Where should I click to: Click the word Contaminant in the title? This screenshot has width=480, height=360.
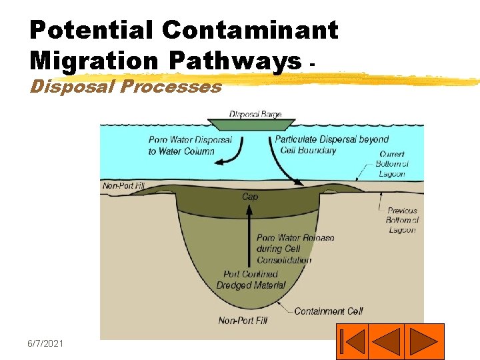tap(250, 30)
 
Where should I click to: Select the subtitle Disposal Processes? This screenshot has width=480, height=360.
tap(126, 87)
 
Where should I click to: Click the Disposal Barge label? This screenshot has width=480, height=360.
tap(255, 115)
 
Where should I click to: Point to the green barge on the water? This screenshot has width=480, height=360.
tap(251, 125)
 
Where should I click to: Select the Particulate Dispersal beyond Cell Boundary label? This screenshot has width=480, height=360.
tap(331, 145)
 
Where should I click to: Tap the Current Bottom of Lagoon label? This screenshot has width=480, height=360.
tap(391, 164)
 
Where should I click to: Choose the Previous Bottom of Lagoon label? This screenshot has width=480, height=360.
tap(401, 220)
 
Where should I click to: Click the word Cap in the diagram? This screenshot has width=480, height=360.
tap(250, 197)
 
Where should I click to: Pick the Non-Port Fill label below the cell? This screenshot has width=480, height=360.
tap(243, 321)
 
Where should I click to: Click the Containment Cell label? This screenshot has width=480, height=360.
tap(329, 311)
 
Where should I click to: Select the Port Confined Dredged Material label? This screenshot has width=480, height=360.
tap(251, 279)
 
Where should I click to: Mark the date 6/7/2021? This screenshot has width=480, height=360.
tap(45, 343)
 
